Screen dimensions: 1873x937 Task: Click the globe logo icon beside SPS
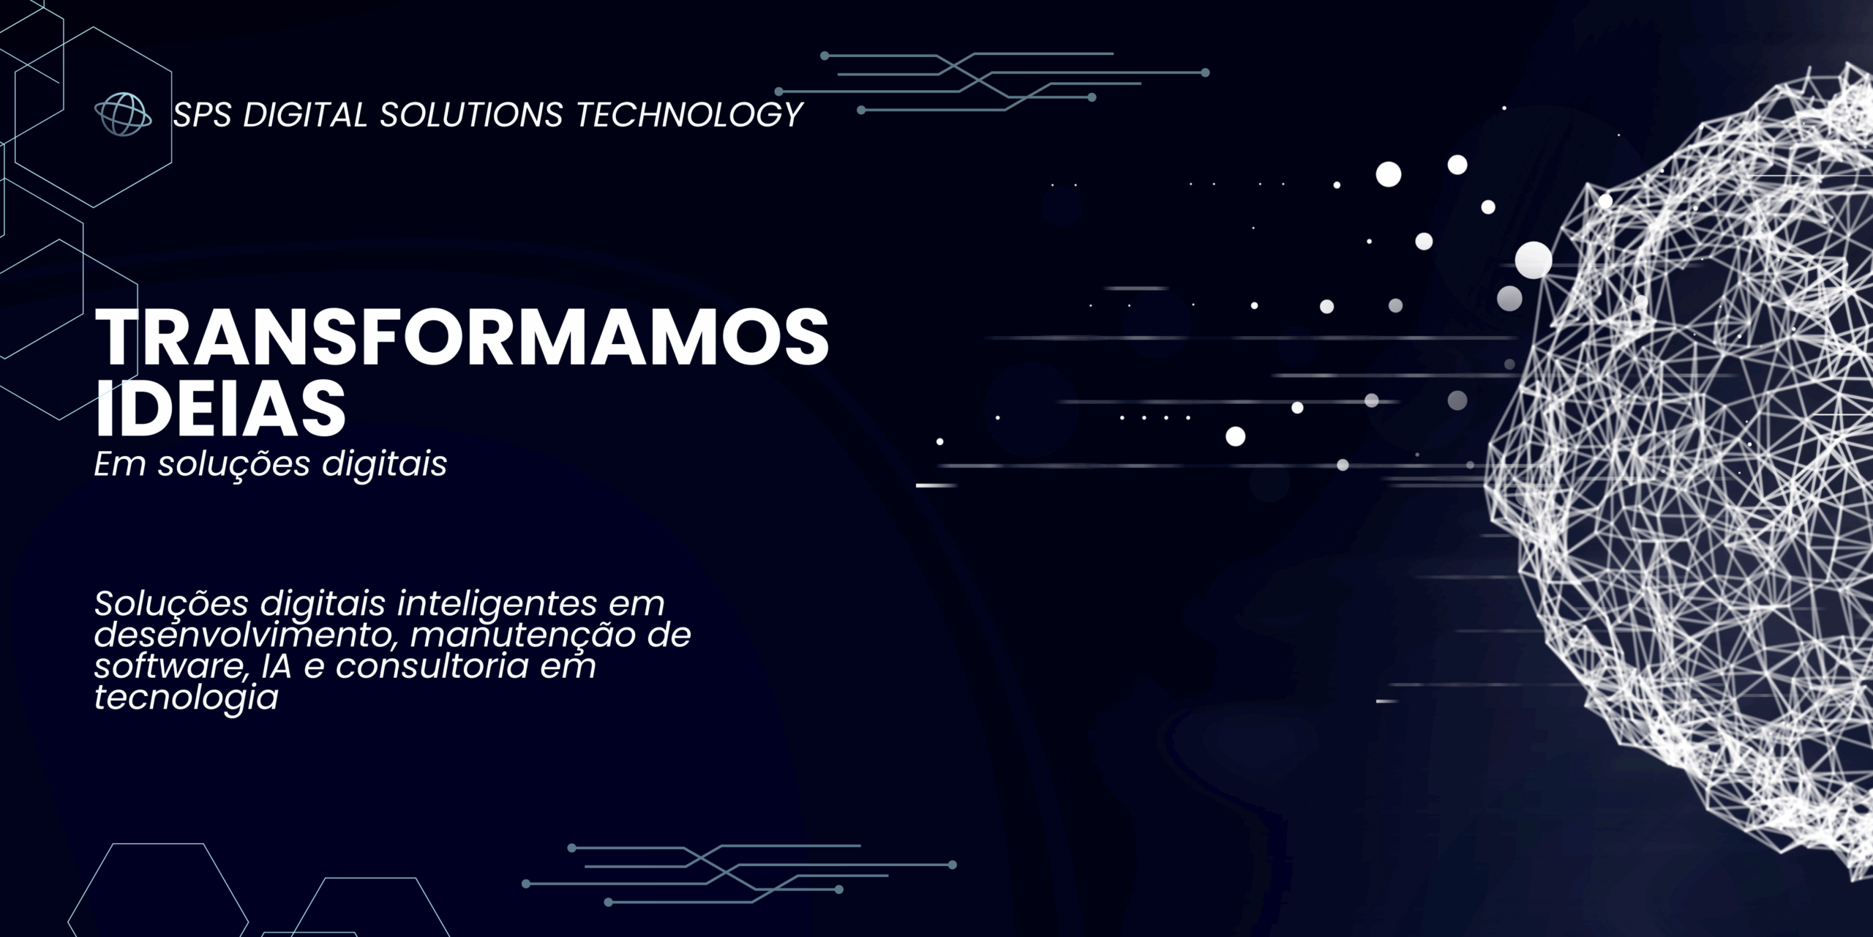point(123,115)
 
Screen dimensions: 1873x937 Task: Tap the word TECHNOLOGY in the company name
point(690,115)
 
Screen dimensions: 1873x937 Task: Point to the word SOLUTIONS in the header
point(471,115)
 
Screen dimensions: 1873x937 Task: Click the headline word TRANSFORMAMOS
point(462,337)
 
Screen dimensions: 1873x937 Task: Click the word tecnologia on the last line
point(186,697)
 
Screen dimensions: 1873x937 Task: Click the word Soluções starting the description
point(172,605)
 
